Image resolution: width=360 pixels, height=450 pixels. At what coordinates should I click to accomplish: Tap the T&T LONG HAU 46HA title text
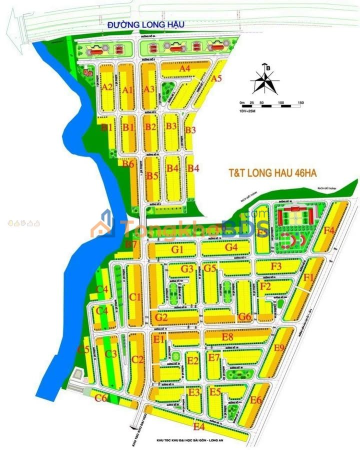pos(273,173)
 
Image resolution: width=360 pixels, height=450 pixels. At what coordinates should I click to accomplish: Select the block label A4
pos(185,68)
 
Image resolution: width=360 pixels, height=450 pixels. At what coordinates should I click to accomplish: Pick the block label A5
pos(216,78)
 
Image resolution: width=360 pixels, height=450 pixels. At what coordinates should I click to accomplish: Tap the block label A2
pos(107,87)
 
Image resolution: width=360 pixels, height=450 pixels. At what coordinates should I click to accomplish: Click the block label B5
pos(152,175)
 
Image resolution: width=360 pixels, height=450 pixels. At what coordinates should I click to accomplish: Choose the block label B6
pos(128,164)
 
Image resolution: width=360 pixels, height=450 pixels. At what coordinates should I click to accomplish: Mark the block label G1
pos(178,249)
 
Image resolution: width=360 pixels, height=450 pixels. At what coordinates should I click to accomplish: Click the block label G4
pos(231,247)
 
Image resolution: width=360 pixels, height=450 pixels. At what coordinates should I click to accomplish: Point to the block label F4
pos(328,230)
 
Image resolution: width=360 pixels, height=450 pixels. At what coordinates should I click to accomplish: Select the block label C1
pos(135,297)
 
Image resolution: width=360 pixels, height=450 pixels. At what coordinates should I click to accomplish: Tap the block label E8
pos(227,337)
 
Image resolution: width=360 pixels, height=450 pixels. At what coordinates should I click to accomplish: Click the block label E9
pos(279,348)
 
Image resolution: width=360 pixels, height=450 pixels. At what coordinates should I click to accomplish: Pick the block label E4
pos(199,426)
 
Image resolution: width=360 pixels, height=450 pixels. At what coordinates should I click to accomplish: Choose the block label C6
pos(101,398)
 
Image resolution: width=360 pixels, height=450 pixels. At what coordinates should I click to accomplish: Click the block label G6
pos(244,316)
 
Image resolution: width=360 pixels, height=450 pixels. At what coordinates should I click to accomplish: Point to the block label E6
pos(256,400)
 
